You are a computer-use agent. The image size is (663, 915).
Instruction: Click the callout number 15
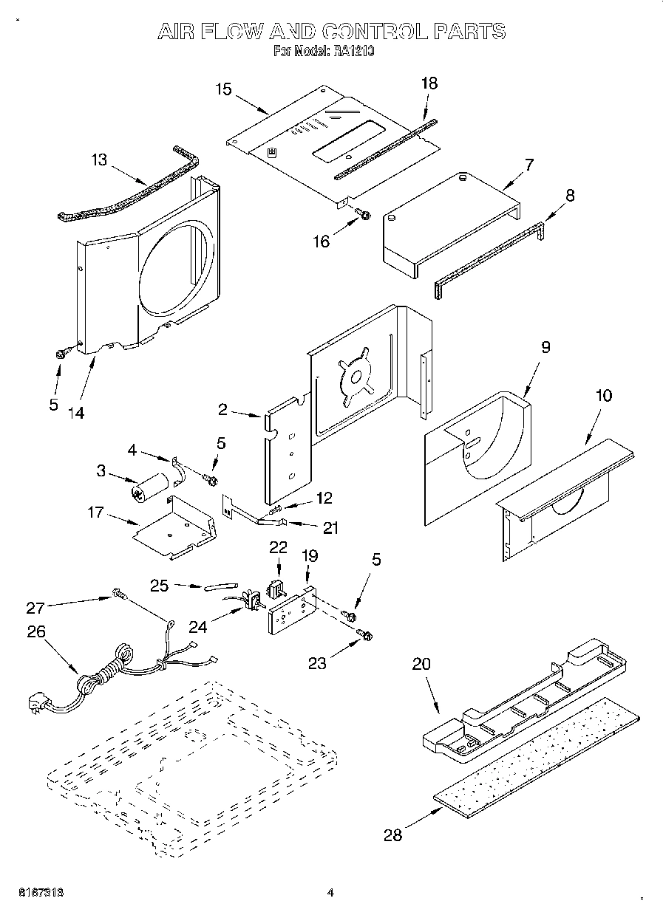click(x=223, y=89)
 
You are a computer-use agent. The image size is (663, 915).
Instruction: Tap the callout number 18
click(x=429, y=83)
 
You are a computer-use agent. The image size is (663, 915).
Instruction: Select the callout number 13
click(x=99, y=160)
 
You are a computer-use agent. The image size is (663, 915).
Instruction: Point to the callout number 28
click(x=393, y=835)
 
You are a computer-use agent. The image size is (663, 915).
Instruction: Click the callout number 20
click(x=421, y=664)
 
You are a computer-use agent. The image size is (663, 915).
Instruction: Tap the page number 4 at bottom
click(x=331, y=893)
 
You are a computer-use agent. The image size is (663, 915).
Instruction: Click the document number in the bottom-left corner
click(x=36, y=892)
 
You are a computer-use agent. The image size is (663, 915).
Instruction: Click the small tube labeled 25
click(x=217, y=587)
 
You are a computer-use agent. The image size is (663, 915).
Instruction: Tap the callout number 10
click(x=604, y=395)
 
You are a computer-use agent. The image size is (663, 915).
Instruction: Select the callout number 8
click(x=569, y=196)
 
